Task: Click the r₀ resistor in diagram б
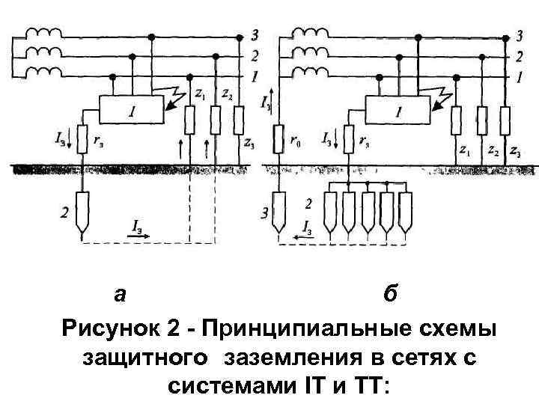[278, 140]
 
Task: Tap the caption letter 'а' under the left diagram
[120, 294]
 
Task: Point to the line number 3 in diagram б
[520, 34]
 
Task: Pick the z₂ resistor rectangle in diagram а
[216, 119]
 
